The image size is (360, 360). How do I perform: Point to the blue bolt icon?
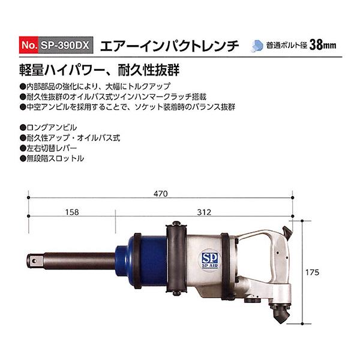coord(257,46)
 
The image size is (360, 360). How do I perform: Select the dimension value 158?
coord(72,211)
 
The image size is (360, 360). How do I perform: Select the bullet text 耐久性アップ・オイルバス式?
coord(73,138)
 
